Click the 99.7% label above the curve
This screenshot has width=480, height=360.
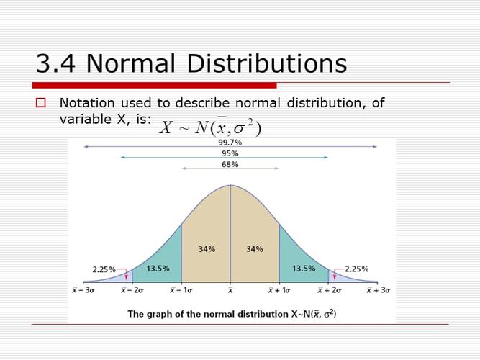[x=230, y=143]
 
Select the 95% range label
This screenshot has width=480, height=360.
[x=230, y=153]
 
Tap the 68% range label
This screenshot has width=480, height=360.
[x=230, y=164]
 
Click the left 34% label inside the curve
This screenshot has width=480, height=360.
[x=207, y=249]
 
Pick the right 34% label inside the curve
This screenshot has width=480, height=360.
[x=254, y=249]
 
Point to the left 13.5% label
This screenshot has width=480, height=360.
[x=158, y=269]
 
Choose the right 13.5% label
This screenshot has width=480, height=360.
[x=303, y=269]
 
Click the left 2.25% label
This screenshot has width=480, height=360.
[x=104, y=269]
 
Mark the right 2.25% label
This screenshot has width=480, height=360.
[x=356, y=269]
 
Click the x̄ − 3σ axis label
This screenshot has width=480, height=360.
[x=83, y=291]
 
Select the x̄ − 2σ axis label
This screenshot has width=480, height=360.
[x=132, y=291]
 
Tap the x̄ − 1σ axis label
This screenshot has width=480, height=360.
[x=181, y=291]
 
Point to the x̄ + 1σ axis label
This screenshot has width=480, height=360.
[x=279, y=291]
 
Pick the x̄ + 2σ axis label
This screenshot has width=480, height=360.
[x=329, y=291]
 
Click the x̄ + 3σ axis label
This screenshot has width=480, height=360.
[x=379, y=291]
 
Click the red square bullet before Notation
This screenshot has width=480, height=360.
[x=40, y=103]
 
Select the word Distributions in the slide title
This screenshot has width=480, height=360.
[x=267, y=64]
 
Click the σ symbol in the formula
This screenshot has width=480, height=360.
[x=239, y=129]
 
